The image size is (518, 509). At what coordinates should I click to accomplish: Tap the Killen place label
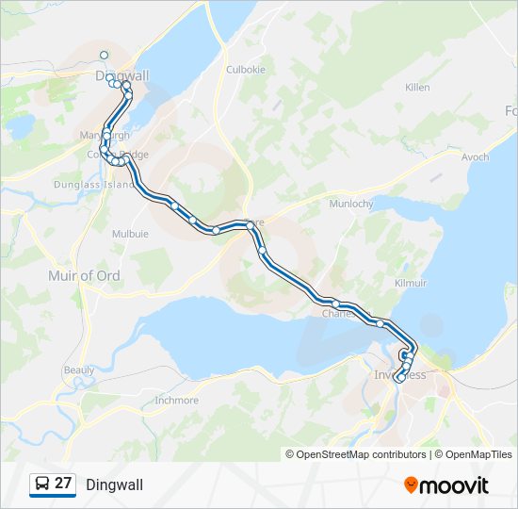click(416, 88)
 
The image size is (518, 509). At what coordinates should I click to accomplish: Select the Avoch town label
click(476, 157)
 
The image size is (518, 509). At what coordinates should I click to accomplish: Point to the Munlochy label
click(351, 204)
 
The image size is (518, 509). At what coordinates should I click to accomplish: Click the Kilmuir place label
click(412, 283)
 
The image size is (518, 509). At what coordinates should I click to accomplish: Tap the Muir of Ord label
click(84, 275)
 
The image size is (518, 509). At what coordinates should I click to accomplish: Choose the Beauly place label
click(79, 370)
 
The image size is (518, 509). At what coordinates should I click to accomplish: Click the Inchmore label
click(176, 400)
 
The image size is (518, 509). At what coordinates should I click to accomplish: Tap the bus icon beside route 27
click(42, 484)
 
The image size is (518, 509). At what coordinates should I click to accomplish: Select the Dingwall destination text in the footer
click(115, 484)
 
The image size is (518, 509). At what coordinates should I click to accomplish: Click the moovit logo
click(446, 484)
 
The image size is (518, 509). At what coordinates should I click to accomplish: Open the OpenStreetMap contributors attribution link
click(356, 454)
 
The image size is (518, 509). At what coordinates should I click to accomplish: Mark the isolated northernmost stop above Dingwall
click(104, 55)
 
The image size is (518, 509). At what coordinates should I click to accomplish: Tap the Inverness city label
click(400, 375)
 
